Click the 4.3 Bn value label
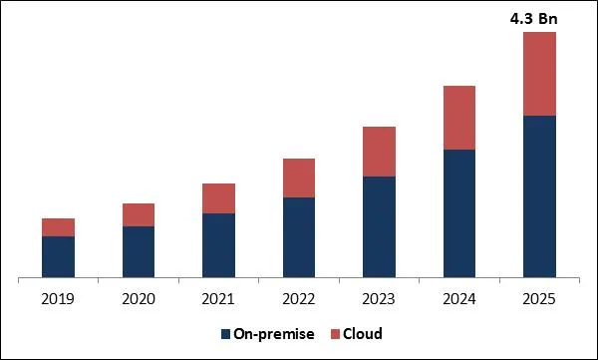540,17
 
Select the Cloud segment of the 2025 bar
539,74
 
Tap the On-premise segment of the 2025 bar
539,196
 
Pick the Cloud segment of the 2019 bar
58,227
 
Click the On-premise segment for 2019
58,256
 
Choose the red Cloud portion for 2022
299,178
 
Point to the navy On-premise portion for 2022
299,237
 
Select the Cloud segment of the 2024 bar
459,118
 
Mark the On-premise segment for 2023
379,226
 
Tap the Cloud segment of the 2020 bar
139,214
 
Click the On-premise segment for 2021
218,245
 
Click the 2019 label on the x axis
58,297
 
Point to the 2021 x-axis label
218,297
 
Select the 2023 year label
379,297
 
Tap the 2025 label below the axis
539,297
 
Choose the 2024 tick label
459,297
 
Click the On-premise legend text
273,333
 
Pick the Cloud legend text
364,333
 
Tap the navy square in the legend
224,333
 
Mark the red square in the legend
336,333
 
